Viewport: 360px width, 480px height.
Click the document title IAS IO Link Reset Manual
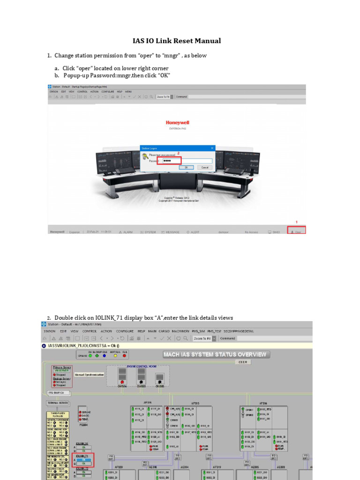tap(177, 41)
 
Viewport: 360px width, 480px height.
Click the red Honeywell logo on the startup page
tap(178, 122)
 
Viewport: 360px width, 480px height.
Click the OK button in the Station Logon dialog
tap(186, 167)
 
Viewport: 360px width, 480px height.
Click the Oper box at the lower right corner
tap(297, 232)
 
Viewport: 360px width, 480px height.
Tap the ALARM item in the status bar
tap(126, 232)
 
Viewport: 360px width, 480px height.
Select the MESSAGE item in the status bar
tap(171, 232)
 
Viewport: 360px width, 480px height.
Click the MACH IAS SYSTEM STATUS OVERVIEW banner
tap(215, 354)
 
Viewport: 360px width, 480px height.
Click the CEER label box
tap(243, 362)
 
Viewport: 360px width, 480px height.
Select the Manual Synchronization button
tap(89, 375)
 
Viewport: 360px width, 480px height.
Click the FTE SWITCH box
tap(59, 393)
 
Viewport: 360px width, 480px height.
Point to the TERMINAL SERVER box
tap(57, 403)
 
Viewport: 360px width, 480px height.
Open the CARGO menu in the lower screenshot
tap(164, 331)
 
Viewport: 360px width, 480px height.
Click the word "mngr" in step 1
tap(172, 56)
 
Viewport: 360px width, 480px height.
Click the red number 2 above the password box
tap(178, 153)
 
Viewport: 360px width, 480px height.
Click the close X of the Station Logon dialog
tap(212, 148)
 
